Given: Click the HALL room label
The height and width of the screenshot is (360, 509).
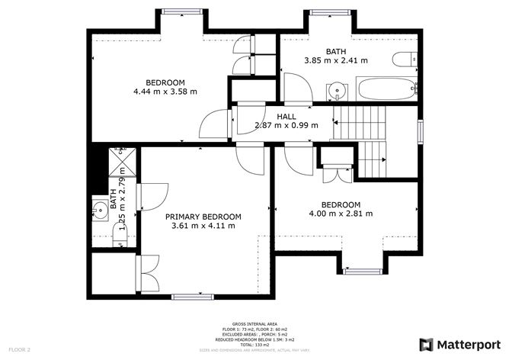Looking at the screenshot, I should (x=287, y=116).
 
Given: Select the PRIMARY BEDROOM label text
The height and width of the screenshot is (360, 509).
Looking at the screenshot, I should (x=203, y=217).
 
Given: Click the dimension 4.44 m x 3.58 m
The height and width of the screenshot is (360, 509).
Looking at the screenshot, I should (x=165, y=92).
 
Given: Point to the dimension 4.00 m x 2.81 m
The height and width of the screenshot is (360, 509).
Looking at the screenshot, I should (x=341, y=214).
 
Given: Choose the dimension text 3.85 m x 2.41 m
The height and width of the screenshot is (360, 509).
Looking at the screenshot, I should (x=336, y=60).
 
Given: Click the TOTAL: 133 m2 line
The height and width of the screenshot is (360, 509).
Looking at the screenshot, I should (x=254, y=345).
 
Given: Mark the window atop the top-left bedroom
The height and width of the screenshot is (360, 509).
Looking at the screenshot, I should (x=183, y=11).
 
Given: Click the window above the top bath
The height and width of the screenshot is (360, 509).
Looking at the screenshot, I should (x=331, y=11).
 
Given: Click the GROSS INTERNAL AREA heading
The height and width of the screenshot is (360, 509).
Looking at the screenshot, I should (x=254, y=323).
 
